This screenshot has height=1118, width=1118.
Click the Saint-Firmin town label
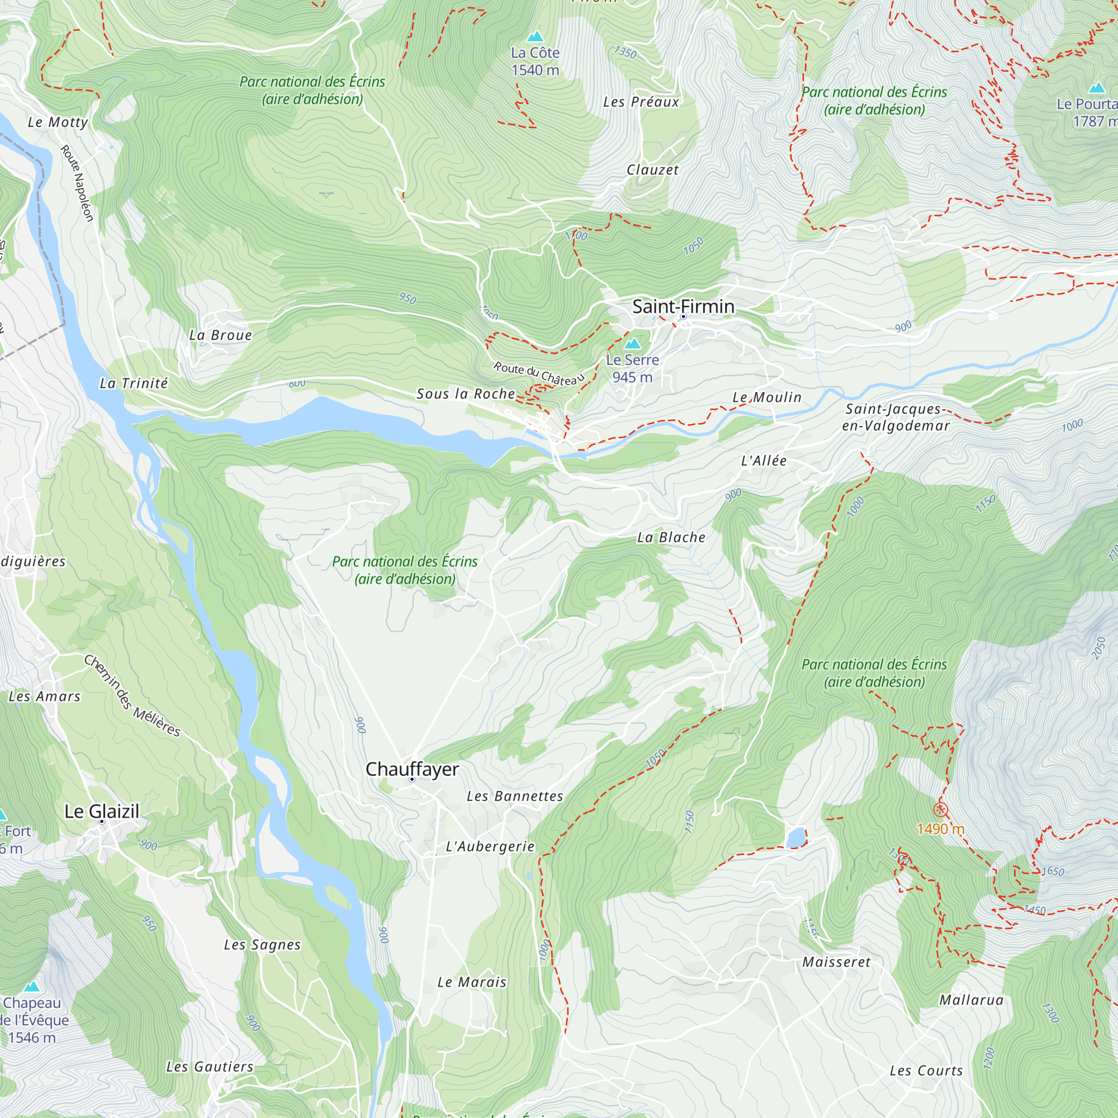(683, 306)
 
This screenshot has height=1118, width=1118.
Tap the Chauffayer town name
(412, 769)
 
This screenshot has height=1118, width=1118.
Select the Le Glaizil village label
(102, 811)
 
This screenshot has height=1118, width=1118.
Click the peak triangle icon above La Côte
(536, 36)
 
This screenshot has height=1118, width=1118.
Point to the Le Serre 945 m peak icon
(632, 344)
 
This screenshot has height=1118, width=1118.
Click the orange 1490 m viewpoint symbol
(940, 809)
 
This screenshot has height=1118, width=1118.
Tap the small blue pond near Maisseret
(795, 837)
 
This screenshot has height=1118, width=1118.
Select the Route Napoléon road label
(77, 183)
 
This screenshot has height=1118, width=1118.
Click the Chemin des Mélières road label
(132, 695)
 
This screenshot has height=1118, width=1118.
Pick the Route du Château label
(539, 374)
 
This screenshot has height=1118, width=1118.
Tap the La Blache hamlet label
(671, 537)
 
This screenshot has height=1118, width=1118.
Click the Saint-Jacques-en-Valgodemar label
(895, 417)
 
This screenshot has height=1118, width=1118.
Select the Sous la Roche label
(466, 394)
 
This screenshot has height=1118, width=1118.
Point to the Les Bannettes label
(515, 796)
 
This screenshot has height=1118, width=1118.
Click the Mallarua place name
(971, 1000)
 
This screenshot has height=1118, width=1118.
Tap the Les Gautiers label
(210, 1067)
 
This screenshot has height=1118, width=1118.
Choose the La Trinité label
(134, 383)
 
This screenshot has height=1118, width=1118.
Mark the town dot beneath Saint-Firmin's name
(683, 316)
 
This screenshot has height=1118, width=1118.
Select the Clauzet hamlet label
(652, 169)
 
